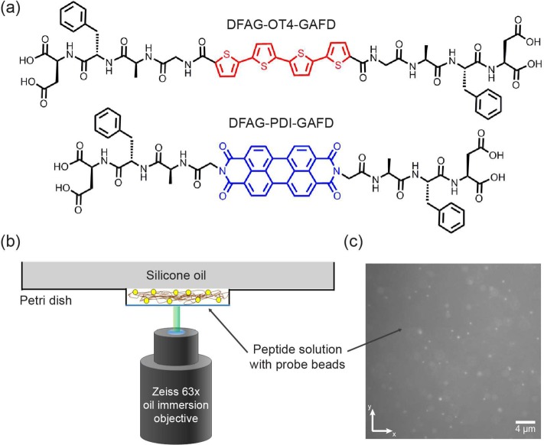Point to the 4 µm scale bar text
[524, 430]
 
